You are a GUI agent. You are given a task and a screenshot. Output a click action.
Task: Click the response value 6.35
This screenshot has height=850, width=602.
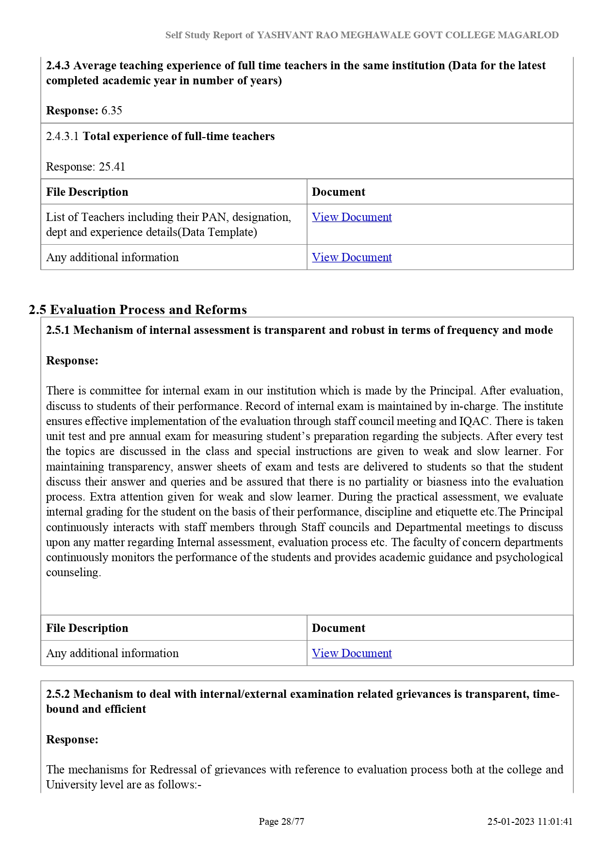coord(112,110)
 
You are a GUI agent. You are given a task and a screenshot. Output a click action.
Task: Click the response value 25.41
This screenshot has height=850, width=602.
coord(112,167)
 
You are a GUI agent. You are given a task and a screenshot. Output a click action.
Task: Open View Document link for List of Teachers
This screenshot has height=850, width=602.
coord(352,217)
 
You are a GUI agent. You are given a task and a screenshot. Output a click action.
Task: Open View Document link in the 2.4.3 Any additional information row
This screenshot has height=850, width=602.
coord(352,257)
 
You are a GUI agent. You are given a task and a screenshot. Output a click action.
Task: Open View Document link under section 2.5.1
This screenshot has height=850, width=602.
coord(352,653)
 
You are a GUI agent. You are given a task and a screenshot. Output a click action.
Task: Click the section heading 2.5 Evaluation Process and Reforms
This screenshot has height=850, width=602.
coord(138,310)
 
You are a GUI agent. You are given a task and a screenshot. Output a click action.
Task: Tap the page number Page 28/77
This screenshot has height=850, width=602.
coord(281,821)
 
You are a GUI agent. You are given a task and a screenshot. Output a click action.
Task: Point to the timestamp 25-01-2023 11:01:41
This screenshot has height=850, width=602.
coord(530,821)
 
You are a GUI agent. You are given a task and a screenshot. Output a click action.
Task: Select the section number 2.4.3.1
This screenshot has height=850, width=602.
coord(62,136)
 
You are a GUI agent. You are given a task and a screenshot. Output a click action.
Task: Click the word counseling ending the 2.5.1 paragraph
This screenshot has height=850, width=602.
coord(73,572)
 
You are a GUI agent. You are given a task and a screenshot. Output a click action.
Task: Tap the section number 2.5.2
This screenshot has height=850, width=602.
coord(58,694)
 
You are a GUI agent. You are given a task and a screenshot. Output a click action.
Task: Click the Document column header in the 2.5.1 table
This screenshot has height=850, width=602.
coord(339,628)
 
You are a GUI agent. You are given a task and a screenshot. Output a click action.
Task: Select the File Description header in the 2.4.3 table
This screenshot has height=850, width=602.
coord(87,192)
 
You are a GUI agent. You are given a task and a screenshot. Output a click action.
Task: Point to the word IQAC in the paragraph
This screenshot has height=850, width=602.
coord(473,421)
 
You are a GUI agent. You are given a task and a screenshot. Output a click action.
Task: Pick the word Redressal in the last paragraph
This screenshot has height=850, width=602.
coord(172,770)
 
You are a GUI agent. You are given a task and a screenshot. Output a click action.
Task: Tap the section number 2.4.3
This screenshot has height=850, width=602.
coord(58,65)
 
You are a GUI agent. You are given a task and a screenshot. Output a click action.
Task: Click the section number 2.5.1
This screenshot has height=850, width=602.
coord(58,330)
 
